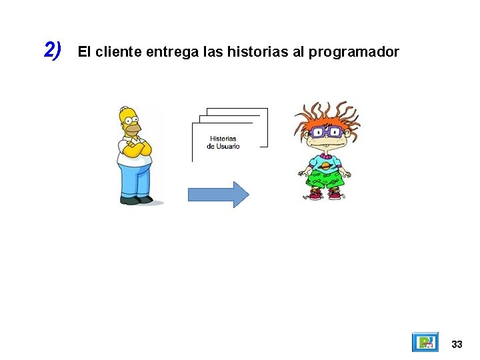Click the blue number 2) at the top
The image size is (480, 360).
pyautogui.click(x=52, y=50)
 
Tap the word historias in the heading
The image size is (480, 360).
pyautogui.click(x=257, y=51)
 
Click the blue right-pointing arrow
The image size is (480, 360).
pyautogui.click(x=218, y=194)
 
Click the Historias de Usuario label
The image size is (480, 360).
pyautogui.click(x=223, y=143)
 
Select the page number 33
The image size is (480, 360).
pyautogui.click(x=457, y=344)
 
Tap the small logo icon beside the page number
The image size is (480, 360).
pyautogui.click(x=425, y=342)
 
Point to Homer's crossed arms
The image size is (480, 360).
pyautogui.click(x=135, y=149)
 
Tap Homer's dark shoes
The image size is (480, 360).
pyautogui.click(x=137, y=200)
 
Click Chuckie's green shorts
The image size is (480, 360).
pyautogui.click(x=325, y=179)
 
